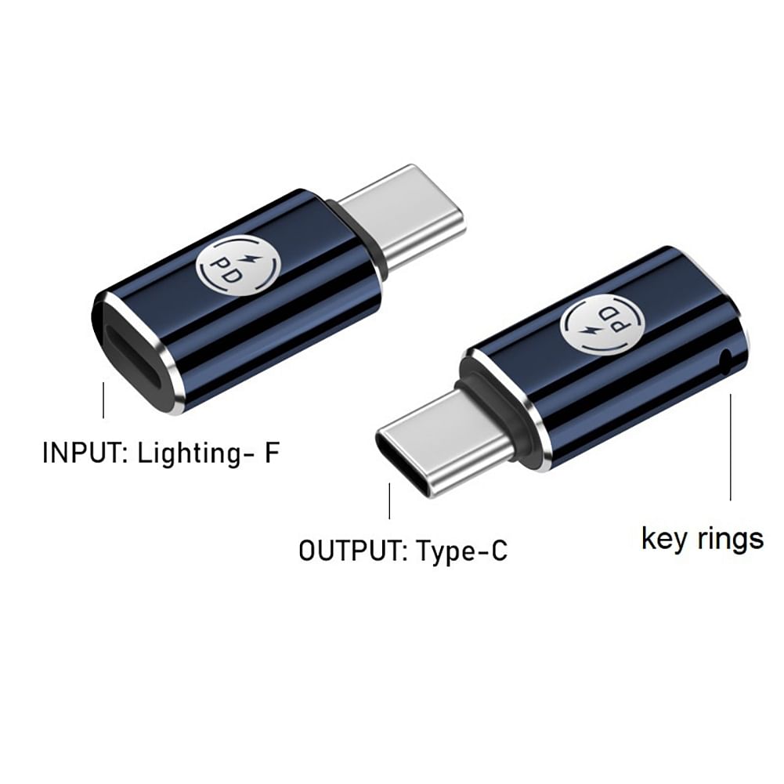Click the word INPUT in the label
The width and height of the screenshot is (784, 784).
(x=85, y=453)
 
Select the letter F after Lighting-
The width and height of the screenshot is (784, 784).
(x=271, y=453)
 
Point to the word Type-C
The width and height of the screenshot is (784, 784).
(x=461, y=551)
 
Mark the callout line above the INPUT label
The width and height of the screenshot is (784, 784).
(x=103, y=400)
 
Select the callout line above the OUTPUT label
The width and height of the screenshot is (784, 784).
(x=389, y=501)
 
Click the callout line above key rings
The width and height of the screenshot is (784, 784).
(x=731, y=447)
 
